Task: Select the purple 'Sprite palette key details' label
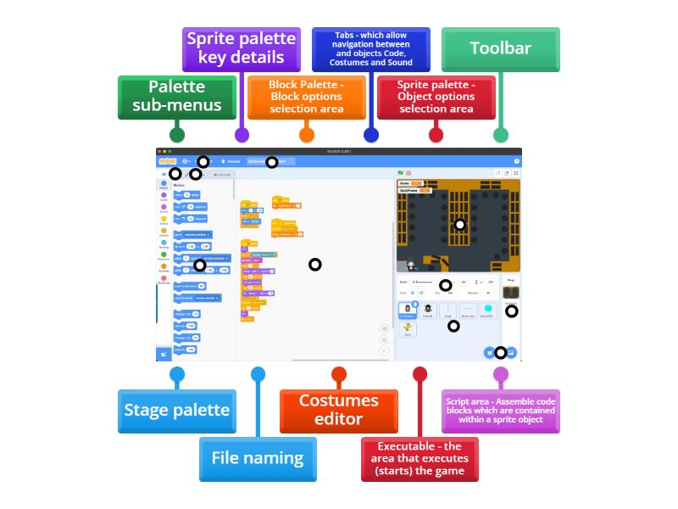pyautogui.click(x=241, y=48)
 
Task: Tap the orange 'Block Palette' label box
pyautogui.click(x=306, y=97)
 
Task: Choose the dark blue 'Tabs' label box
pyautogui.click(x=370, y=49)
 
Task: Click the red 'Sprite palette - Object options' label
pyautogui.click(x=436, y=97)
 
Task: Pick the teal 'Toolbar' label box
pyautogui.click(x=500, y=48)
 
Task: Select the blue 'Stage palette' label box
pyautogui.click(x=176, y=411)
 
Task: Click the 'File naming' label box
pyautogui.click(x=258, y=458)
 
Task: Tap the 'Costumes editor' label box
pyautogui.click(x=338, y=411)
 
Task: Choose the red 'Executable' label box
pyautogui.click(x=420, y=458)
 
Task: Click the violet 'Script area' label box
pyautogui.click(x=501, y=411)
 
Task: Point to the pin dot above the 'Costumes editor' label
pyautogui.click(x=338, y=374)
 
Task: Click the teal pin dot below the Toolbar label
pyautogui.click(x=500, y=134)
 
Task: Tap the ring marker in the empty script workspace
pyautogui.click(x=315, y=265)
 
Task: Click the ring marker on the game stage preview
pyautogui.click(x=459, y=225)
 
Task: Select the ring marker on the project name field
pyautogui.click(x=271, y=161)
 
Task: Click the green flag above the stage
pyautogui.click(x=401, y=173)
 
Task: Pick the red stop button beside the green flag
pyautogui.click(x=408, y=173)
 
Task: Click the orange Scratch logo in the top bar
pyautogui.click(x=168, y=161)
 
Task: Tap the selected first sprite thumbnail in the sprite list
pyautogui.click(x=408, y=310)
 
